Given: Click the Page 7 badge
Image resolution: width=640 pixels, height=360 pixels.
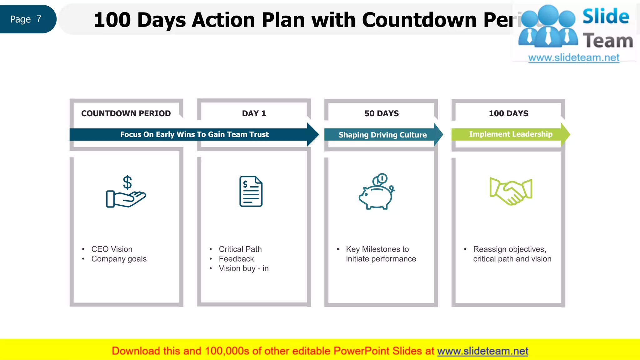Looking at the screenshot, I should coord(26,19).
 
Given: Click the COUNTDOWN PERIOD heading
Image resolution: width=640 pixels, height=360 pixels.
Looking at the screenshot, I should coord(126,113).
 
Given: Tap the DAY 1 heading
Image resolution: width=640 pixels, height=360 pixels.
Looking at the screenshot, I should coord(254,113).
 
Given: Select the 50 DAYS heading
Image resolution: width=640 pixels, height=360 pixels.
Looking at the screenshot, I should coord(381,113).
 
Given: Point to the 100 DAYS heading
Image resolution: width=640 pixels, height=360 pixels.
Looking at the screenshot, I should coord(508,113).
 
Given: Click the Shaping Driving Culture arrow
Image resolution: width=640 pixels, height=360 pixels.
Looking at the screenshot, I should coord(382,135).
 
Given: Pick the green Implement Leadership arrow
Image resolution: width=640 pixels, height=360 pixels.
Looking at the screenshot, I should coord(510,134).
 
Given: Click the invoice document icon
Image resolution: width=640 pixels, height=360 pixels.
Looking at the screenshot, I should coord(251,191).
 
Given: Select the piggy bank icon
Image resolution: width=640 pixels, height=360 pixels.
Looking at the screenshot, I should coord(377,191).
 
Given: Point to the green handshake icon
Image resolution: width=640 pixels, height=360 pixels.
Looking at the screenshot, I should coord(511,191).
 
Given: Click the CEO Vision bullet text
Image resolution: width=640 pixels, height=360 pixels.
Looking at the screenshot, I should coord(112,249).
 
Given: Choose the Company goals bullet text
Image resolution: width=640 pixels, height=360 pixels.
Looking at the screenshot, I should coord(119,259).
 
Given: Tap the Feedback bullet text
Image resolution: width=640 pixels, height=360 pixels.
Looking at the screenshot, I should coord(236,259).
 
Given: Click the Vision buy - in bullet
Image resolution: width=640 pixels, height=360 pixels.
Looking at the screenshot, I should coord(243,268).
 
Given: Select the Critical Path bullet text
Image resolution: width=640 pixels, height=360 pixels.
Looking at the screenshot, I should coord(240,249).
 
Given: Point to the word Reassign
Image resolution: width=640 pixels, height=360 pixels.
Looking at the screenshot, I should coord(489,249).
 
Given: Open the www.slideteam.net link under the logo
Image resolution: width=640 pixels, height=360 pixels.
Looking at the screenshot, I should coord(573,58).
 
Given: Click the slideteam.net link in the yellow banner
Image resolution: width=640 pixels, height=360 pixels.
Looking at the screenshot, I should coord(482,351).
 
